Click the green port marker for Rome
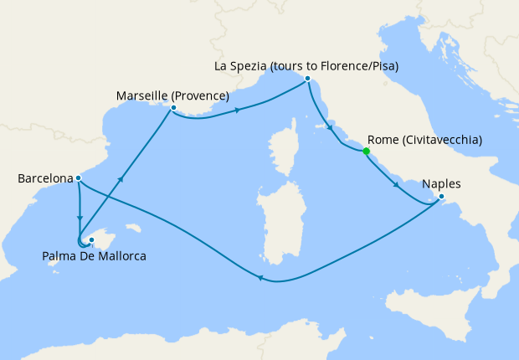click(366, 152)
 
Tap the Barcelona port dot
click(77, 177)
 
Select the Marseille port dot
click(172, 108)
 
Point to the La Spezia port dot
click(308, 79)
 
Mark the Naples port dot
click(442, 198)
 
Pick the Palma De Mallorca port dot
click(91, 240)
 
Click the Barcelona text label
click(44, 178)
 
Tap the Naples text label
click(441, 183)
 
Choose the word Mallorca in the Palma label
click(118, 256)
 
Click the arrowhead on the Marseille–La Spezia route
click(239, 111)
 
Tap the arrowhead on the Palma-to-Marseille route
click(123, 178)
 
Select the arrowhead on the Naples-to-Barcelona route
click(260, 280)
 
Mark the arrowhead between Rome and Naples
click(396, 184)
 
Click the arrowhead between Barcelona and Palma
click(80, 219)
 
